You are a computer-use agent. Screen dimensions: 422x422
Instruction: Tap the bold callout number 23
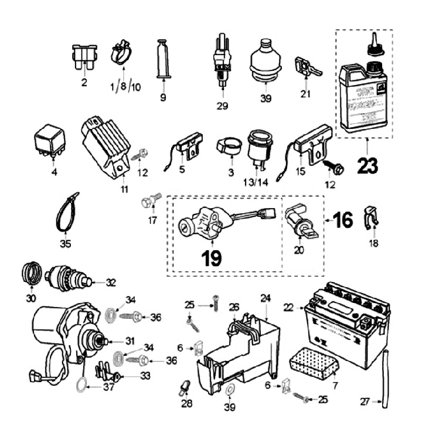click(x=366, y=166)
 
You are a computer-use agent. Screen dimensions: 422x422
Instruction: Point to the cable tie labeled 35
click(x=65, y=212)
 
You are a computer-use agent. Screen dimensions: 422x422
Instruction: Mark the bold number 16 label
click(x=342, y=221)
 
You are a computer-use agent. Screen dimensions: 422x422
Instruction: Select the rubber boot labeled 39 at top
click(x=266, y=59)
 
